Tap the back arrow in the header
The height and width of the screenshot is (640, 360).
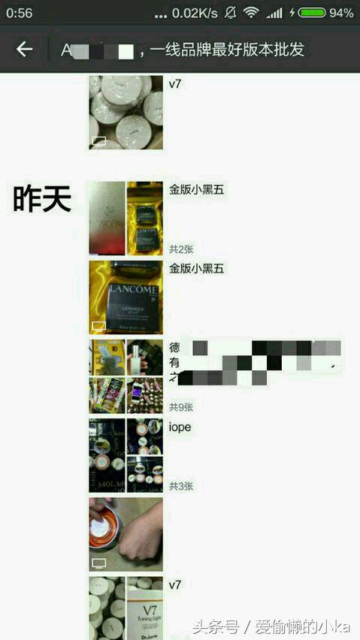point(24,50)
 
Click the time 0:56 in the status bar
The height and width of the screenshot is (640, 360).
point(20,13)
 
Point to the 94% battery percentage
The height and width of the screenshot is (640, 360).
point(340,13)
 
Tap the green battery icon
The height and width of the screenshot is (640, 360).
point(311,13)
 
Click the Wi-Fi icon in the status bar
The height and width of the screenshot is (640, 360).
point(251,13)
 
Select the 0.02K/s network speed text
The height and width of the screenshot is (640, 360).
point(195,13)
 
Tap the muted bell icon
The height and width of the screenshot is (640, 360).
point(230,13)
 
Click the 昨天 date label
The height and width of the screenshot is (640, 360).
point(42,199)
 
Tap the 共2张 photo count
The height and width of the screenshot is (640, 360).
point(181,249)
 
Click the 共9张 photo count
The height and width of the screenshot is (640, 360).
point(181,407)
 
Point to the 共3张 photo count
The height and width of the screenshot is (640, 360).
point(181,486)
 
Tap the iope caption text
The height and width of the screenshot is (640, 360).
point(180,427)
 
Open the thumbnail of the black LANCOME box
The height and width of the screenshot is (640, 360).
point(126,297)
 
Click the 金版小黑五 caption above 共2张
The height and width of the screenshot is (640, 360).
point(196,190)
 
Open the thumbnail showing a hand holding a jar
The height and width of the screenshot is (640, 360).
point(126,534)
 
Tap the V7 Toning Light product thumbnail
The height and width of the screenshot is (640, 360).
point(144,608)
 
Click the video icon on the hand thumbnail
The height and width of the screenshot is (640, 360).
point(98,563)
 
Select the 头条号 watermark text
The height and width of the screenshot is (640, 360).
point(217,626)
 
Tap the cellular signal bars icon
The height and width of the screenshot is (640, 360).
point(274,13)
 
